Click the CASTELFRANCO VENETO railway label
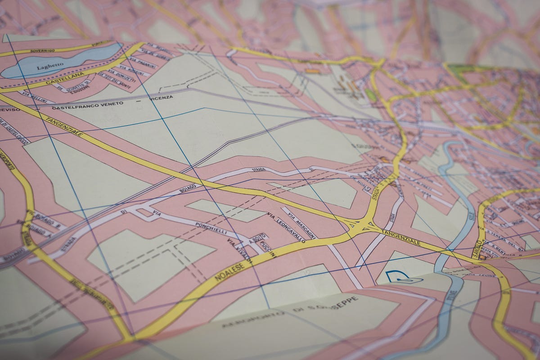[x=87, y=105]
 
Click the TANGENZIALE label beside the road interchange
[x=400, y=237]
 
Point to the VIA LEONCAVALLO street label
[x=286, y=227]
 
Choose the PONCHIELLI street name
[x=212, y=229]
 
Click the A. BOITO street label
[x=260, y=237]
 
